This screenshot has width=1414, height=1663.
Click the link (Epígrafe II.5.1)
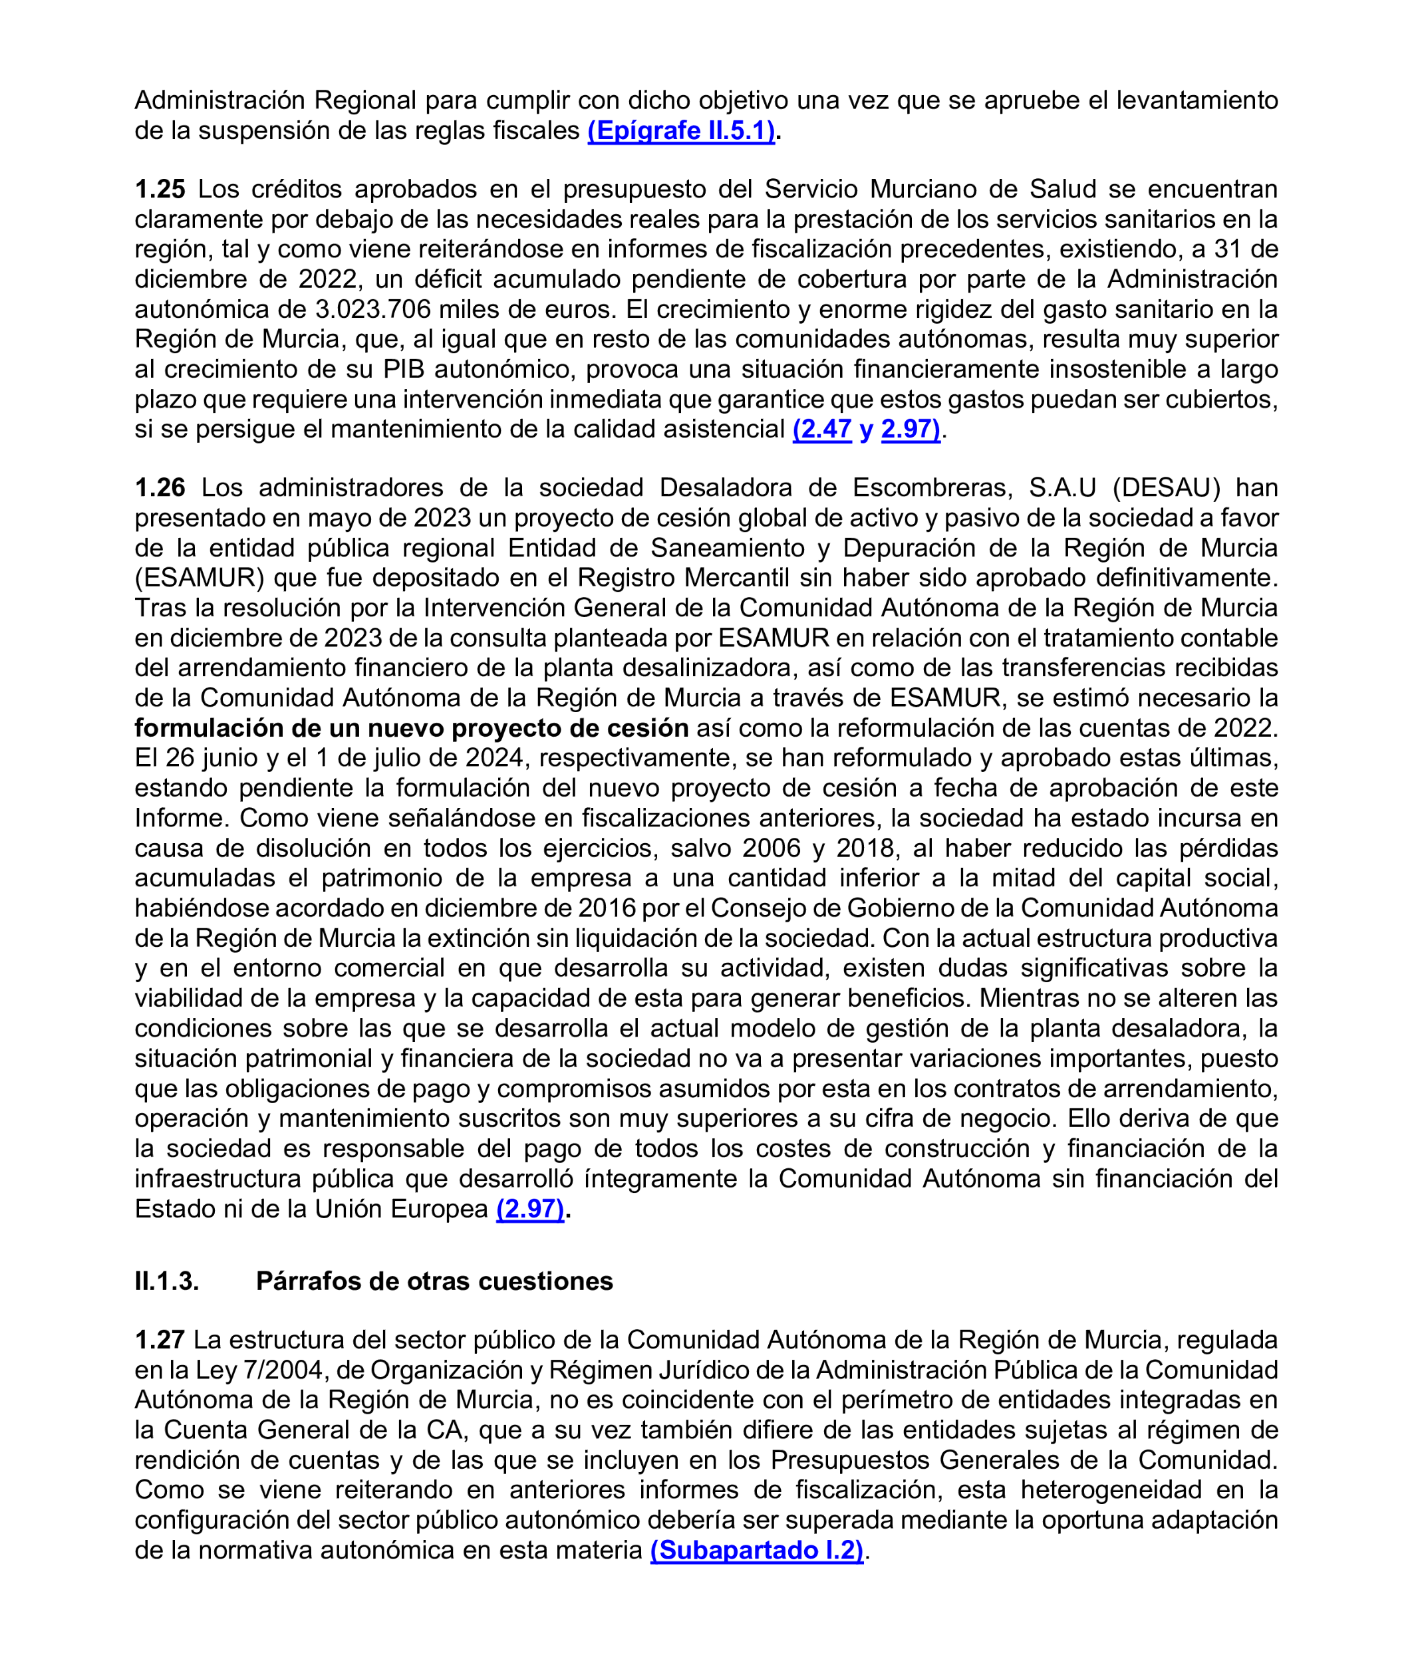(x=681, y=130)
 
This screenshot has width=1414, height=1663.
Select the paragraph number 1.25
(x=160, y=189)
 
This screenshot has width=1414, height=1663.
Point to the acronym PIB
(x=405, y=370)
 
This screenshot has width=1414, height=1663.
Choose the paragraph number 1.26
(x=160, y=487)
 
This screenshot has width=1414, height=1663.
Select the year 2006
(x=771, y=848)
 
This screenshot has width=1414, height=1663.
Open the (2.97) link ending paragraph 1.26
(x=531, y=1209)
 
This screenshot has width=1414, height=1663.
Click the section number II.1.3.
(x=167, y=1281)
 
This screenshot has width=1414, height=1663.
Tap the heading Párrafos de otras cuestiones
(x=434, y=1281)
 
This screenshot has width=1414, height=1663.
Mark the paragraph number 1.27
(x=160, y=1340)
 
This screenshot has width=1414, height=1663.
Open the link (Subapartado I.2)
(x=757, y=1550)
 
